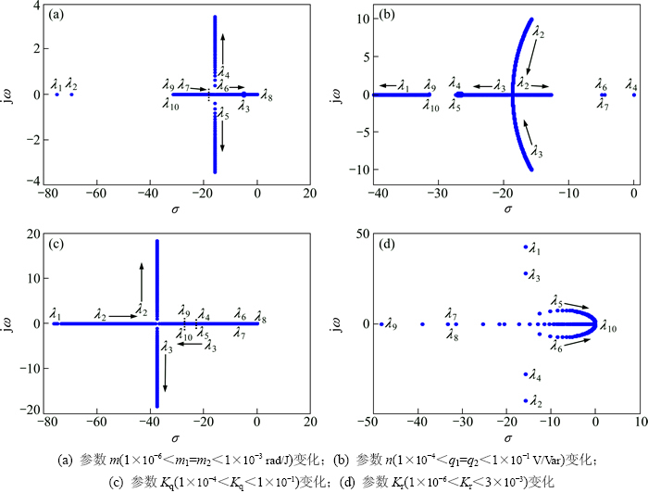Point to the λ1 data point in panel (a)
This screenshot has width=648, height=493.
[x=56, y=95]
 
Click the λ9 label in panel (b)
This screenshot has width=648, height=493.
[x=430, y=85]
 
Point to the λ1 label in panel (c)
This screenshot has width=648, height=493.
[x=56, y=314]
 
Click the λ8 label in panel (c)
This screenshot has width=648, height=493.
[x=261, y=320]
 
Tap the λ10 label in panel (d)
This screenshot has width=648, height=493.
[x=610, y=325]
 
